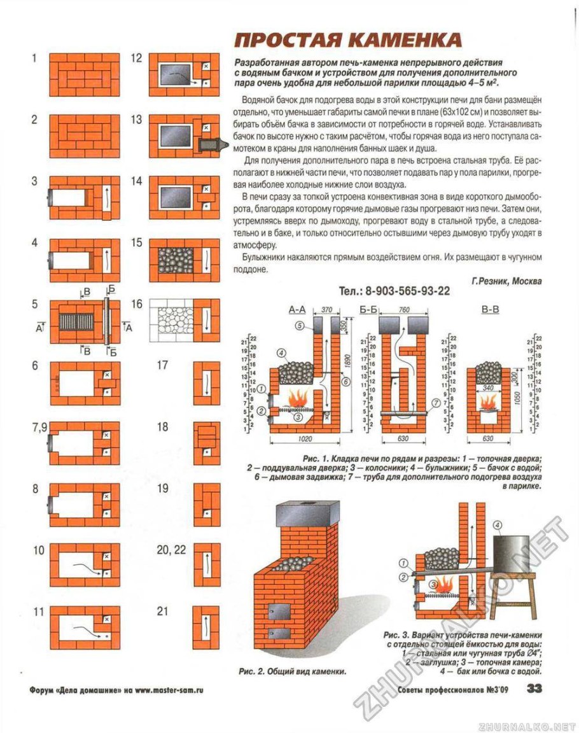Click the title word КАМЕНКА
pyautogui.click(x=407, y=41)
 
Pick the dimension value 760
pyautogui.click(x=403, y=310)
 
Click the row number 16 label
pyautogui.click(x=137, y=304)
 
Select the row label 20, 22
pyautogui.click(x=171, y=549)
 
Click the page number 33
pyautogui.click(x=534, y=688)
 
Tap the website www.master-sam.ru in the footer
pyautogui.click(x=169, y=690)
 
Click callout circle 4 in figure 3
pyautogui.click(x=498, y=525)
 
